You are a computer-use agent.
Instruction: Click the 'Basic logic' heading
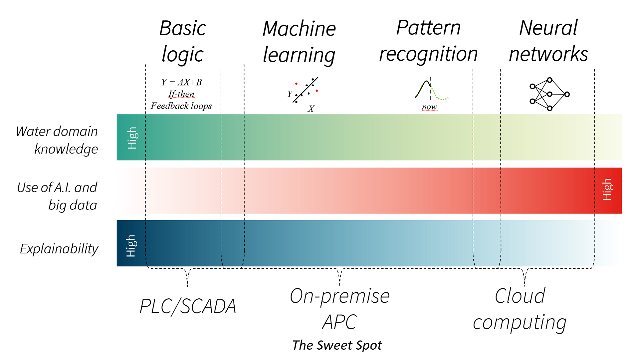click(182, 41)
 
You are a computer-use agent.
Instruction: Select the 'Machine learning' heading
click(299, 42)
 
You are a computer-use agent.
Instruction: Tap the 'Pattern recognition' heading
click(428, 41)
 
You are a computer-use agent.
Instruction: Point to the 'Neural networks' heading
click(548, 41)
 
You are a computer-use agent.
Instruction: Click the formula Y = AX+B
click(181, 82)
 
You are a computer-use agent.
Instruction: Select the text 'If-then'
click(181, 94)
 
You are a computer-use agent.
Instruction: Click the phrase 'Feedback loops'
click(181, 106)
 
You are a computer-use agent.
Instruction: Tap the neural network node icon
click(549, 94)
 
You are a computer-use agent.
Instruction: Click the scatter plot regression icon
click(305, 92)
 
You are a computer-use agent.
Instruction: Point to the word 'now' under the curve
click(429, 107)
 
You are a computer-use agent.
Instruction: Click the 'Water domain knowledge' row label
click(57, 140)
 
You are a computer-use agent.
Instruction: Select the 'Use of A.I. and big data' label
click(57, 196)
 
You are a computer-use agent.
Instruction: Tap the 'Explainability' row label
click(59, 249)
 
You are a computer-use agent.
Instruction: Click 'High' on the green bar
click(132, 138)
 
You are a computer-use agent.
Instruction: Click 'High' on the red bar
click(607, 189)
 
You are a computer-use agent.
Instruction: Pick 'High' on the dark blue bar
click(131, 246)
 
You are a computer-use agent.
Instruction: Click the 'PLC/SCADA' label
click(188, 306)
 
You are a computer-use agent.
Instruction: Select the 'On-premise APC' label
click(339, 309)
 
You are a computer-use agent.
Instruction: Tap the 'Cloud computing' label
click(520, 309)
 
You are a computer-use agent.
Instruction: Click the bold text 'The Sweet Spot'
click(337, 345)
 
